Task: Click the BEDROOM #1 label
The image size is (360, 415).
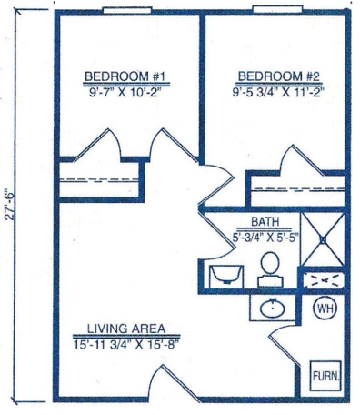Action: pyautogui.click(x=125, y=76)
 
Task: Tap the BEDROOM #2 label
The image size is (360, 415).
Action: pyautogui.click(x=279, y=76)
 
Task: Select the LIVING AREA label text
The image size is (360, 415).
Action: pyautogui.click(x=126, y=329)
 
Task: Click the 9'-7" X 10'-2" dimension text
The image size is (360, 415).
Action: pyautogui.click(x=125, y=92)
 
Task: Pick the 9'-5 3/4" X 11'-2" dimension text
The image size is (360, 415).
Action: pyautogui.click(x=278, y=92)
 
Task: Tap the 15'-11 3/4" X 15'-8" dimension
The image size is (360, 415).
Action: pyautogui.click(x=125, y=345)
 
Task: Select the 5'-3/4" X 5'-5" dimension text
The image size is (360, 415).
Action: pyautogui.click(x=265, y=237)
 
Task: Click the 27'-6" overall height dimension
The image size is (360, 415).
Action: pyautogui.click(x=10, y=204)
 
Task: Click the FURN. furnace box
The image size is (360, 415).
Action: pyautogui.click(x=325, y=376)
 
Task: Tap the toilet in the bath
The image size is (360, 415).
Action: pyautogui.click(x=270, y=269)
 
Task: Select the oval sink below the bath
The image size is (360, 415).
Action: pyautogui.click(x=273, y=308)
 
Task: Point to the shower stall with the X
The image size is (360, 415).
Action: pyautogui.click(x=323, y=239)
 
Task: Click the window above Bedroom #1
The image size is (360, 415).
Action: pyautogui.click(x=127, y=11)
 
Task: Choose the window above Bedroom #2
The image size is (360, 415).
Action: pyautogui.click(x=278, y=9)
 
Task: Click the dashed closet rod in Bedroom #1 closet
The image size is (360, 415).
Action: pyautogui.click(x=98, y=180)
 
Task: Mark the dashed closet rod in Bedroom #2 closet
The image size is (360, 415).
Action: pyautogui.click(x=299, y=189)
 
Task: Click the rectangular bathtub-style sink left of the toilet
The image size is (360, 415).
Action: pyautogui.click(x=226, y=277)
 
